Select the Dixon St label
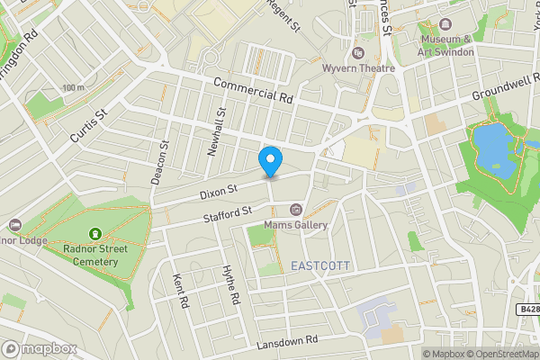tap(219, 191)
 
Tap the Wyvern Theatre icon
tap(358, 53)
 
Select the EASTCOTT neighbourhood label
tap(319, 266)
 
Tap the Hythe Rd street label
tap(232, 284)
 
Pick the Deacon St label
tap(160, 161)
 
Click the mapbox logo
tap(38, 348)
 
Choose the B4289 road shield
tap(527, 309)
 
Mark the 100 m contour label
tap(73, 87)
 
